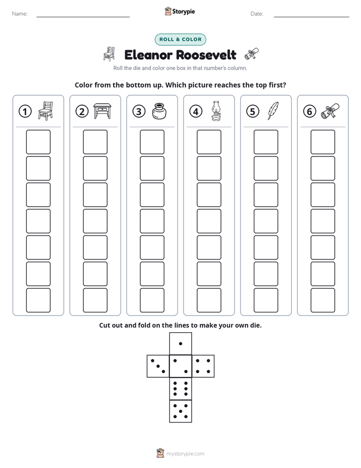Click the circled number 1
coord(25,111)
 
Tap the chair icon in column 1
coord(46,111)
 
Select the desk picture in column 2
coord(102,111)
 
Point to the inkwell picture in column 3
coord(159,111)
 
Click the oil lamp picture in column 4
coord(216,111)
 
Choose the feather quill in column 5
coord(273,111)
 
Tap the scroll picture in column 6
coord(330,111)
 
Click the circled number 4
coord(196,111)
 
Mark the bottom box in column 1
coord(38,300)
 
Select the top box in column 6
coord(323,142)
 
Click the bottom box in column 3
coord(152,300)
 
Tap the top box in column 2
coord(96,142)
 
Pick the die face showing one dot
coord(180,343)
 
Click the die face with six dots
coord(180,388)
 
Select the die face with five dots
coord(180,411)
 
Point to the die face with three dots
coord(158,366)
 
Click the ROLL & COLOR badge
coord(180,40)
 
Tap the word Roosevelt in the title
coord(206,55)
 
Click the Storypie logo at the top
coord(179,11)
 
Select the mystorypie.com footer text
coord(185,454)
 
